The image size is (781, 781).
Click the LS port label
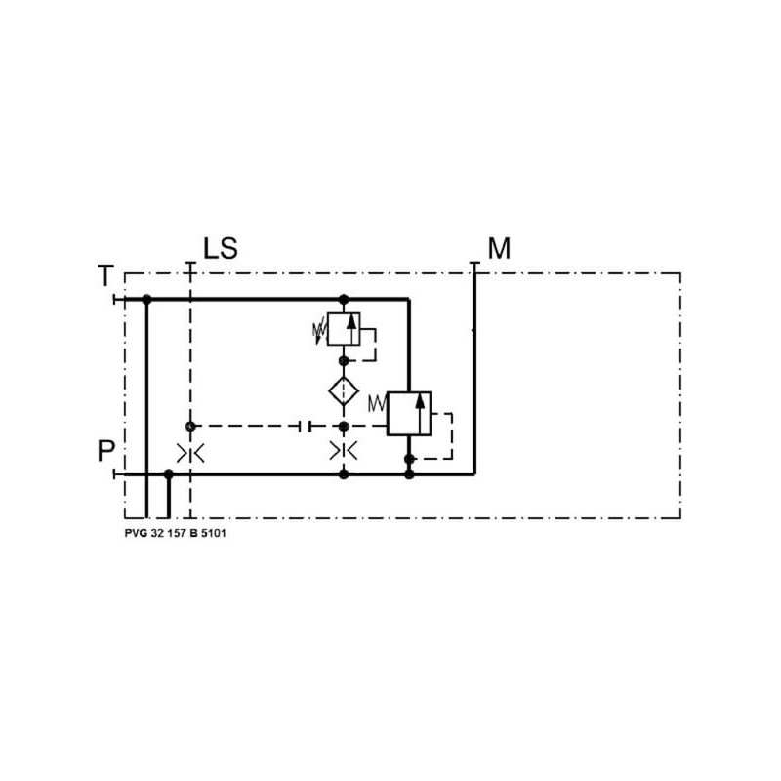(x=221, y=248)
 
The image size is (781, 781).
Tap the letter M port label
(x=499, y=248)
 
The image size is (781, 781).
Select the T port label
(x=105, y=276)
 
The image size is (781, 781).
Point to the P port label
(x=106, y=451)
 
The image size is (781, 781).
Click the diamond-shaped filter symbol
(x=344, y=391)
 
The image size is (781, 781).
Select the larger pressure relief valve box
(x=409, y=413)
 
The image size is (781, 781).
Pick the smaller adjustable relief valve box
(x=344, y=329)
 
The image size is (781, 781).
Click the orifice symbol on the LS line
(x=190, y=453)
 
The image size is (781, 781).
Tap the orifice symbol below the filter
(x=344, y=451)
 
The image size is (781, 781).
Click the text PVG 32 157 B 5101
(x=176, y=533)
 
